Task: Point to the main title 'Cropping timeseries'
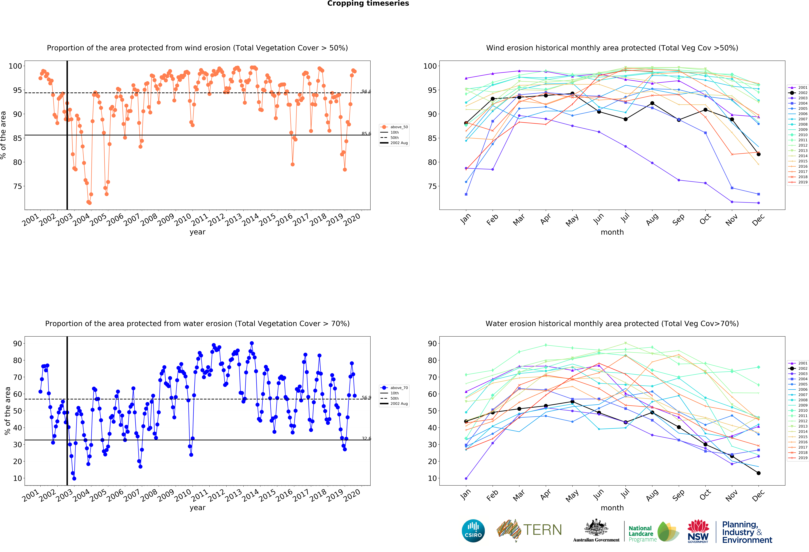pyautogui.click(x=368, y=3)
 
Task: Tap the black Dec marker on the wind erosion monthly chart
pyautogui.click(x=759, y=154)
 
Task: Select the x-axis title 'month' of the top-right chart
pyautogui.click(x=612, y=232)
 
